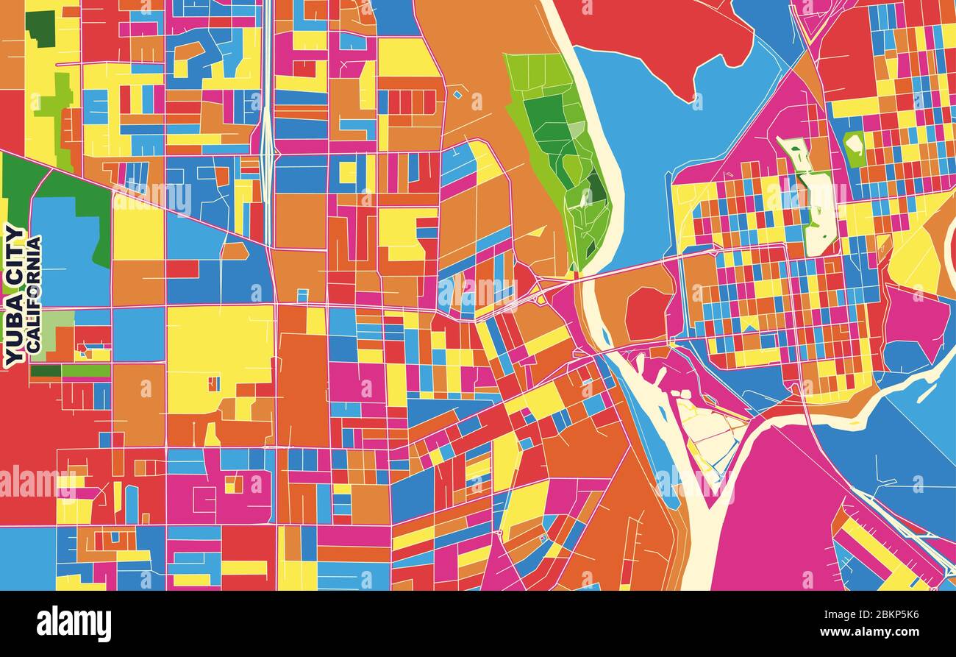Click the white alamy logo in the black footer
tap(74, 623)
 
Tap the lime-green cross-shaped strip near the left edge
tap(59, 103)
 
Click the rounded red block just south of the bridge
tap(646, 313)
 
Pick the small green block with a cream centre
tap(854, 147)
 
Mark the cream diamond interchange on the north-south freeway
tap(266, 147)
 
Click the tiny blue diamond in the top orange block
tap(457, 94)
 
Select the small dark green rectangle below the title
tap(45, 371)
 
